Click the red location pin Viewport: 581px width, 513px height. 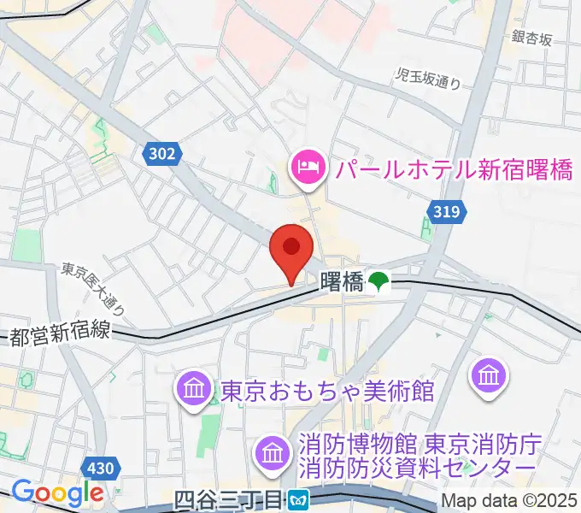click(290, 251)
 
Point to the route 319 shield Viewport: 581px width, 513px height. click(444, 211)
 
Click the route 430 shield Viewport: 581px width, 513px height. click(101, 469)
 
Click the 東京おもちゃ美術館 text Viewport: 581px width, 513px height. click(327, 392)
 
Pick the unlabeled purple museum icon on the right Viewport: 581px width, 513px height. click(490, 374)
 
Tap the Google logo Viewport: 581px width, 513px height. click(57, 493)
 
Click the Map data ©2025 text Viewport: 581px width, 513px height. click(508, 500)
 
